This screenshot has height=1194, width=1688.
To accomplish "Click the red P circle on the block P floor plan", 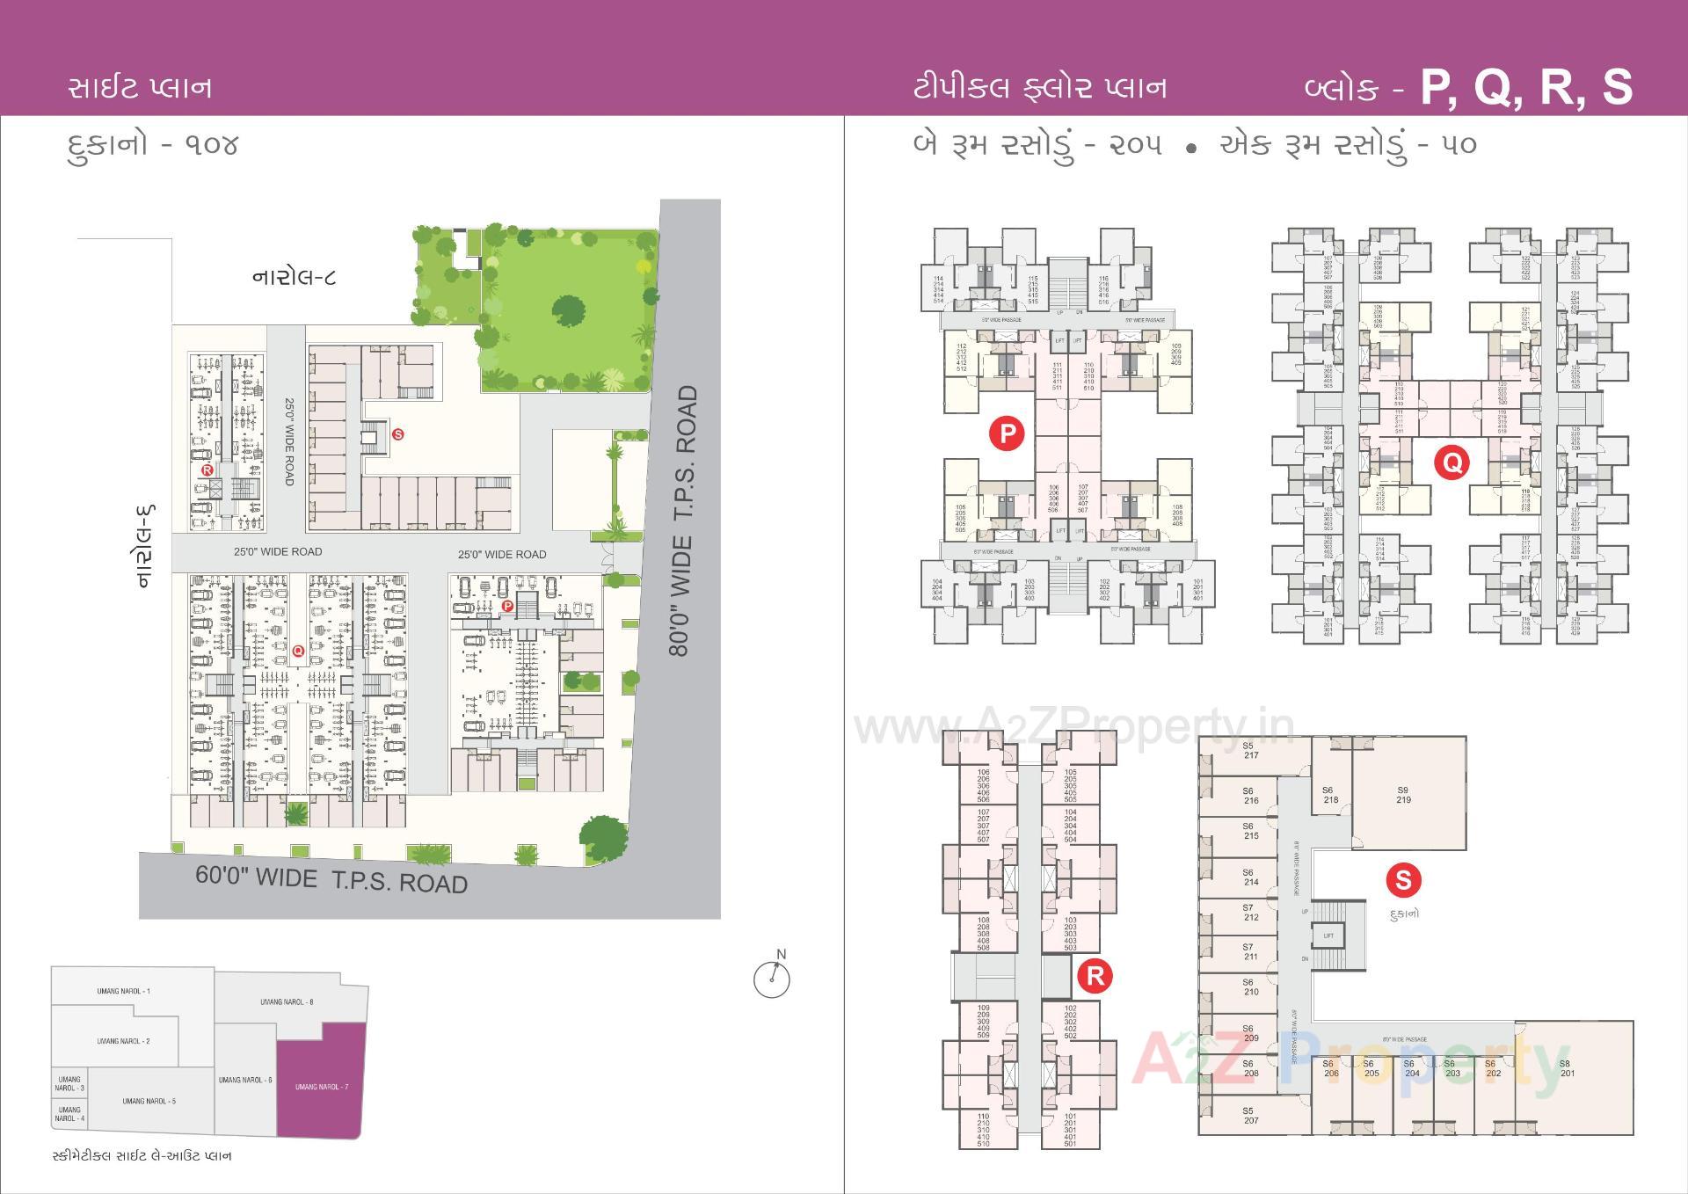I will [x=1007, y=433].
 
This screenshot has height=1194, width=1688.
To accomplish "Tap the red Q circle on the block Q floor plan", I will [x=1451, y=462].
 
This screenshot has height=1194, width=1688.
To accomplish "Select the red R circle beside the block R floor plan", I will [x=1095, y=975].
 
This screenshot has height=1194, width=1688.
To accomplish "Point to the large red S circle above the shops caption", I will [x=1403, y=879].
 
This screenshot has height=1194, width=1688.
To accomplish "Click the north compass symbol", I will [x=772, y=979].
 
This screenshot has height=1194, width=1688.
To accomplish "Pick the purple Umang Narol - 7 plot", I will [x=322, y=1087].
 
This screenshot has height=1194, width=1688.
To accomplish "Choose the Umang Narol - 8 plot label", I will [x=287, y=1001].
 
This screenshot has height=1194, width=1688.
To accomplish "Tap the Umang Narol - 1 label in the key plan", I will [x=123, y=991].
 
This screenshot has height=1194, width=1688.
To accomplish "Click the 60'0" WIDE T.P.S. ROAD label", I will [x=331, y=879].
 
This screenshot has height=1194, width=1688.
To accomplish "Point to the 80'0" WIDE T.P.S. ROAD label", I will [x=682, y=521].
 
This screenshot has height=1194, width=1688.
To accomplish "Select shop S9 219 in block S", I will [x=1403, y=795].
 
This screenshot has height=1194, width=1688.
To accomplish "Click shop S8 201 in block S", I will [x=1566, y=1068].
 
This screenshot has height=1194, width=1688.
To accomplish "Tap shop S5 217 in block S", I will [x=1250, y=750].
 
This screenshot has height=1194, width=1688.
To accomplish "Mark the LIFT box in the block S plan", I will [x=1328, y=936].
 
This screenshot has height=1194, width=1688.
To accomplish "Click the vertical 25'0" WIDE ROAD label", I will [x=289, y=440].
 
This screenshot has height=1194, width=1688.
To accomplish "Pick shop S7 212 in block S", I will [x=1250, y=912].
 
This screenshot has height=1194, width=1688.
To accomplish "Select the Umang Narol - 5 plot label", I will [x=149, y=1101].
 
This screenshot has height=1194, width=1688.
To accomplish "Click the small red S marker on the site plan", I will [x=398, y=434].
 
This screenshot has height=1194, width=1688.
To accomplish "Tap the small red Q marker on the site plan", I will [x=298, y=651].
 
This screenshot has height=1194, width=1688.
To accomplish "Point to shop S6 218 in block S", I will [x=1330, y=795].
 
